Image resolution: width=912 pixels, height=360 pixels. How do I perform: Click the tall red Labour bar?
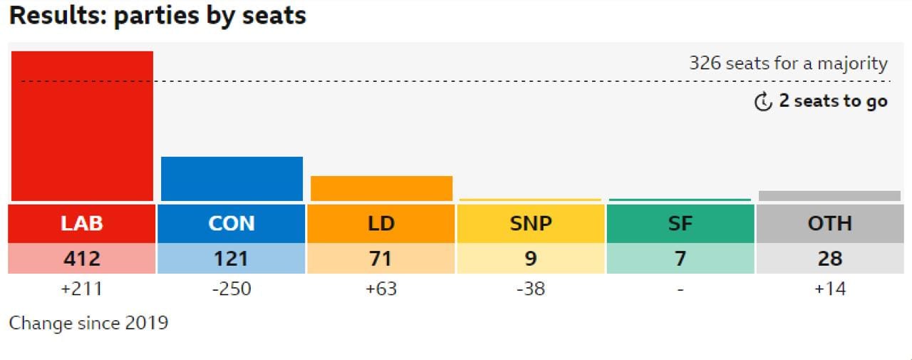82,126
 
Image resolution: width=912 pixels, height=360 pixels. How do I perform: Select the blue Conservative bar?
232,179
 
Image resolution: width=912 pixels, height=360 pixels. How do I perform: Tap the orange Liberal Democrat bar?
381,188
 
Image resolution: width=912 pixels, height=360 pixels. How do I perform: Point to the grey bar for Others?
829,196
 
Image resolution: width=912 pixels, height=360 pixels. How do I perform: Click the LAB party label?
82,223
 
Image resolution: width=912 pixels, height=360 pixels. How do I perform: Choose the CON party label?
232,223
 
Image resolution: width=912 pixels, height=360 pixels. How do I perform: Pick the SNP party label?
531,223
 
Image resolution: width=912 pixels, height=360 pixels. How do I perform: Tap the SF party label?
680,223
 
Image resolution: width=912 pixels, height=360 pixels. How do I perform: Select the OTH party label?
829,223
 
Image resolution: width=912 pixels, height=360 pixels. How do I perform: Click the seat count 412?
82,258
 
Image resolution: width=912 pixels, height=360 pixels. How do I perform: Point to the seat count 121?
232,258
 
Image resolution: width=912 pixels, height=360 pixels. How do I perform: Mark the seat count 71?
381,258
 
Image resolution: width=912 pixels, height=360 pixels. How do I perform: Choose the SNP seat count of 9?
531,258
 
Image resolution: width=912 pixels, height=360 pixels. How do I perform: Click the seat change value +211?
82,289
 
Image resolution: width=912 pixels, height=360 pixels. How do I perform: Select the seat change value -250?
232,289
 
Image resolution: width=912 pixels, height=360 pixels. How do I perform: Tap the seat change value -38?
531,289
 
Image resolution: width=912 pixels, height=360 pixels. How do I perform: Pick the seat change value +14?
829,289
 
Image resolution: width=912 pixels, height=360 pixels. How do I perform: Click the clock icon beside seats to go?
763,102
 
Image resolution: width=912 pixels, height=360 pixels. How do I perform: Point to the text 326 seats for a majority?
788,63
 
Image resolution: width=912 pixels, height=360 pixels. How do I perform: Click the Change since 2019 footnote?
88,323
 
